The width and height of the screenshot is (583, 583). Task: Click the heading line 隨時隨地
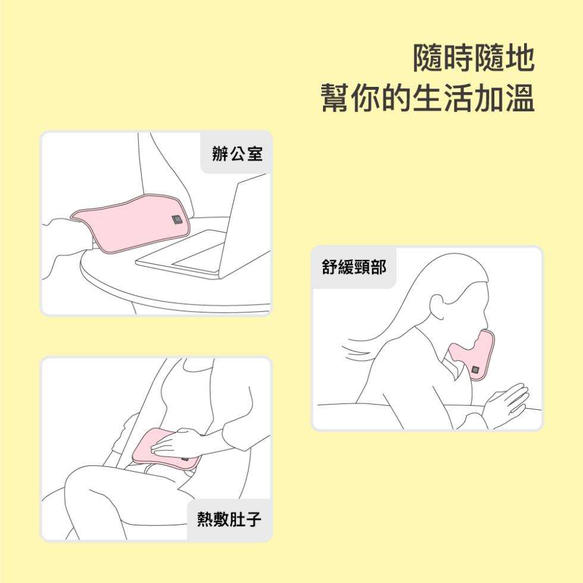pyautogui.click(x=474, y=58)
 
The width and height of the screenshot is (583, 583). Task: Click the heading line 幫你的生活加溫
pyautogui.click(x=428, y=98)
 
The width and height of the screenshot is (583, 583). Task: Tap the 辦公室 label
pyautogui.click(x=237, y=153)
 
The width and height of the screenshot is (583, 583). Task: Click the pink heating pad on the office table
pyautogui.click(x=128, y=223)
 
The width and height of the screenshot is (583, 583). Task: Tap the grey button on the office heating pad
pyautogui.click(x=177, y=220)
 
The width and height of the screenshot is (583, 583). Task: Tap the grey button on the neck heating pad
pyautogui.click(x=476, y=371)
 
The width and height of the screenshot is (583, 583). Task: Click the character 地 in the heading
pyautogui.click(x=519, y=58)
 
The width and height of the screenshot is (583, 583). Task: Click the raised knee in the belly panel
pyautogui.click(x=89, y=482)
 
